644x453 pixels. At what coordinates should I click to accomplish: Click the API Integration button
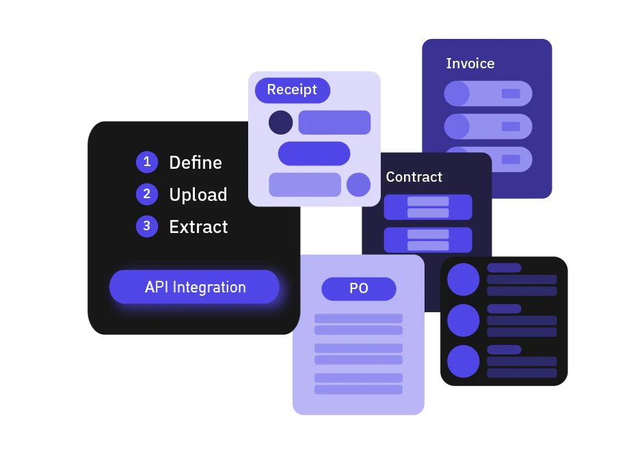195,287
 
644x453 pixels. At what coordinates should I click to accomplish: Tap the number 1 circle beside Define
147,162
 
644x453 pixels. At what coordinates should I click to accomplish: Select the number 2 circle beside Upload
147,194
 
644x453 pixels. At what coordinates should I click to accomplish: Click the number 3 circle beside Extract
147,226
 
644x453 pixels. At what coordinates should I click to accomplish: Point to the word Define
196,163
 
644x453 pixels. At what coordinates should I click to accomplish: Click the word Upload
198,195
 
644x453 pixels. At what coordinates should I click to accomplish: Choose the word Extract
199,227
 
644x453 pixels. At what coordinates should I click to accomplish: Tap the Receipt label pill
292,90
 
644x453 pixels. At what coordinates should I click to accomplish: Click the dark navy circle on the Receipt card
280,123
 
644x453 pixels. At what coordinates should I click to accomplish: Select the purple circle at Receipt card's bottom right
358,184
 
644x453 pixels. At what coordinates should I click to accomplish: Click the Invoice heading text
470,64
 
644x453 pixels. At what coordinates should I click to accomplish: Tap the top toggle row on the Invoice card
488,94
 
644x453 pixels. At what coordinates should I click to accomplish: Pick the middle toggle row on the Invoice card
488,126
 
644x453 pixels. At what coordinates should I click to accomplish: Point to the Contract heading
414,177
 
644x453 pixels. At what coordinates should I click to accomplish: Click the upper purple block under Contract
428,207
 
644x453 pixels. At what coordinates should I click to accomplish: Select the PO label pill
359,288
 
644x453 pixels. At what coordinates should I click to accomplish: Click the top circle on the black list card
464,279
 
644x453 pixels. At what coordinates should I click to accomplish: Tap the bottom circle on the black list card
464,361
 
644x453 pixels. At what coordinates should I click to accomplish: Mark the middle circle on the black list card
464,320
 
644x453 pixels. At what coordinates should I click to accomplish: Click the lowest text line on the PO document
358,389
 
